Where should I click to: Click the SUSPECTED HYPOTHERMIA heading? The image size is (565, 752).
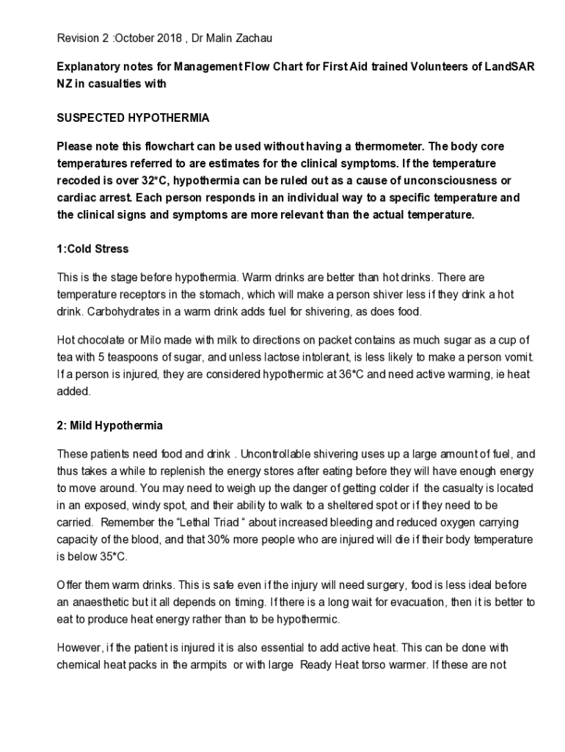click(134, 117)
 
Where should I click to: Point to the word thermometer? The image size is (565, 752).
click(384, 146)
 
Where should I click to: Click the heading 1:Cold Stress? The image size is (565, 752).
click(92, 249)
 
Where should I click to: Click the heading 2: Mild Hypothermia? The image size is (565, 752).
click(110, 426)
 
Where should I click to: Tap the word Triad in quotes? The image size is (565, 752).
click(282, 522)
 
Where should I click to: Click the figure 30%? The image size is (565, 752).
click(234, 539)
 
